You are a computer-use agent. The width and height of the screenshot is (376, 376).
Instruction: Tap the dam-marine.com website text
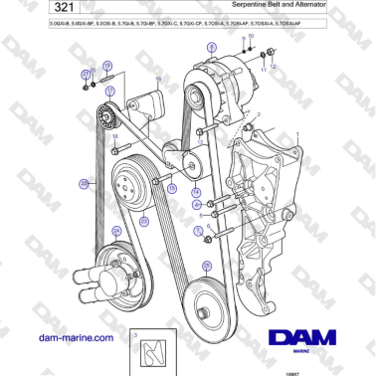click(x=75, y=338)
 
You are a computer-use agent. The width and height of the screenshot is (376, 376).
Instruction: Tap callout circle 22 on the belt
click(x=84, y=184)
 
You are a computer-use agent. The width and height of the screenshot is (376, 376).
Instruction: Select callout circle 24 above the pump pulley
click(x=144, y=221)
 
